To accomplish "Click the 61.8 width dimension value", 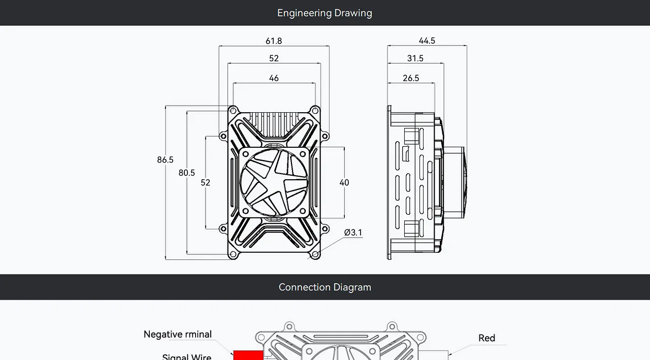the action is [274, 41].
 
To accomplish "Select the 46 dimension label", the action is [274, 78].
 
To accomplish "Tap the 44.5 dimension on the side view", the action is [427, 41].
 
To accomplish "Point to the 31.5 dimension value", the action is [415, 58].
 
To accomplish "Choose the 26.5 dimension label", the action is [411, 78].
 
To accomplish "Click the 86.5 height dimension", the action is [165, 159].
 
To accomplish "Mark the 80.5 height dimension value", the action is [186, 173].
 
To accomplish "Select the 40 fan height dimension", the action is [344, 182].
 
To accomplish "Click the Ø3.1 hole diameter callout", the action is [353, 233].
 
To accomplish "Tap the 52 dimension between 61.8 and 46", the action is [274, 58].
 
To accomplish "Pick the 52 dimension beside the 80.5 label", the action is [205, 182].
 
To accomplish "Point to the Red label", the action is [486, 338].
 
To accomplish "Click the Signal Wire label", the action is [186, 357].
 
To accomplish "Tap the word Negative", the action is [164, 334].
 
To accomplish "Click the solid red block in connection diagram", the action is [248, 355].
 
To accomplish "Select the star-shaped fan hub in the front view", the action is [274, 182].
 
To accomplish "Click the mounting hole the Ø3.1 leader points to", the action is [315, 254].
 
